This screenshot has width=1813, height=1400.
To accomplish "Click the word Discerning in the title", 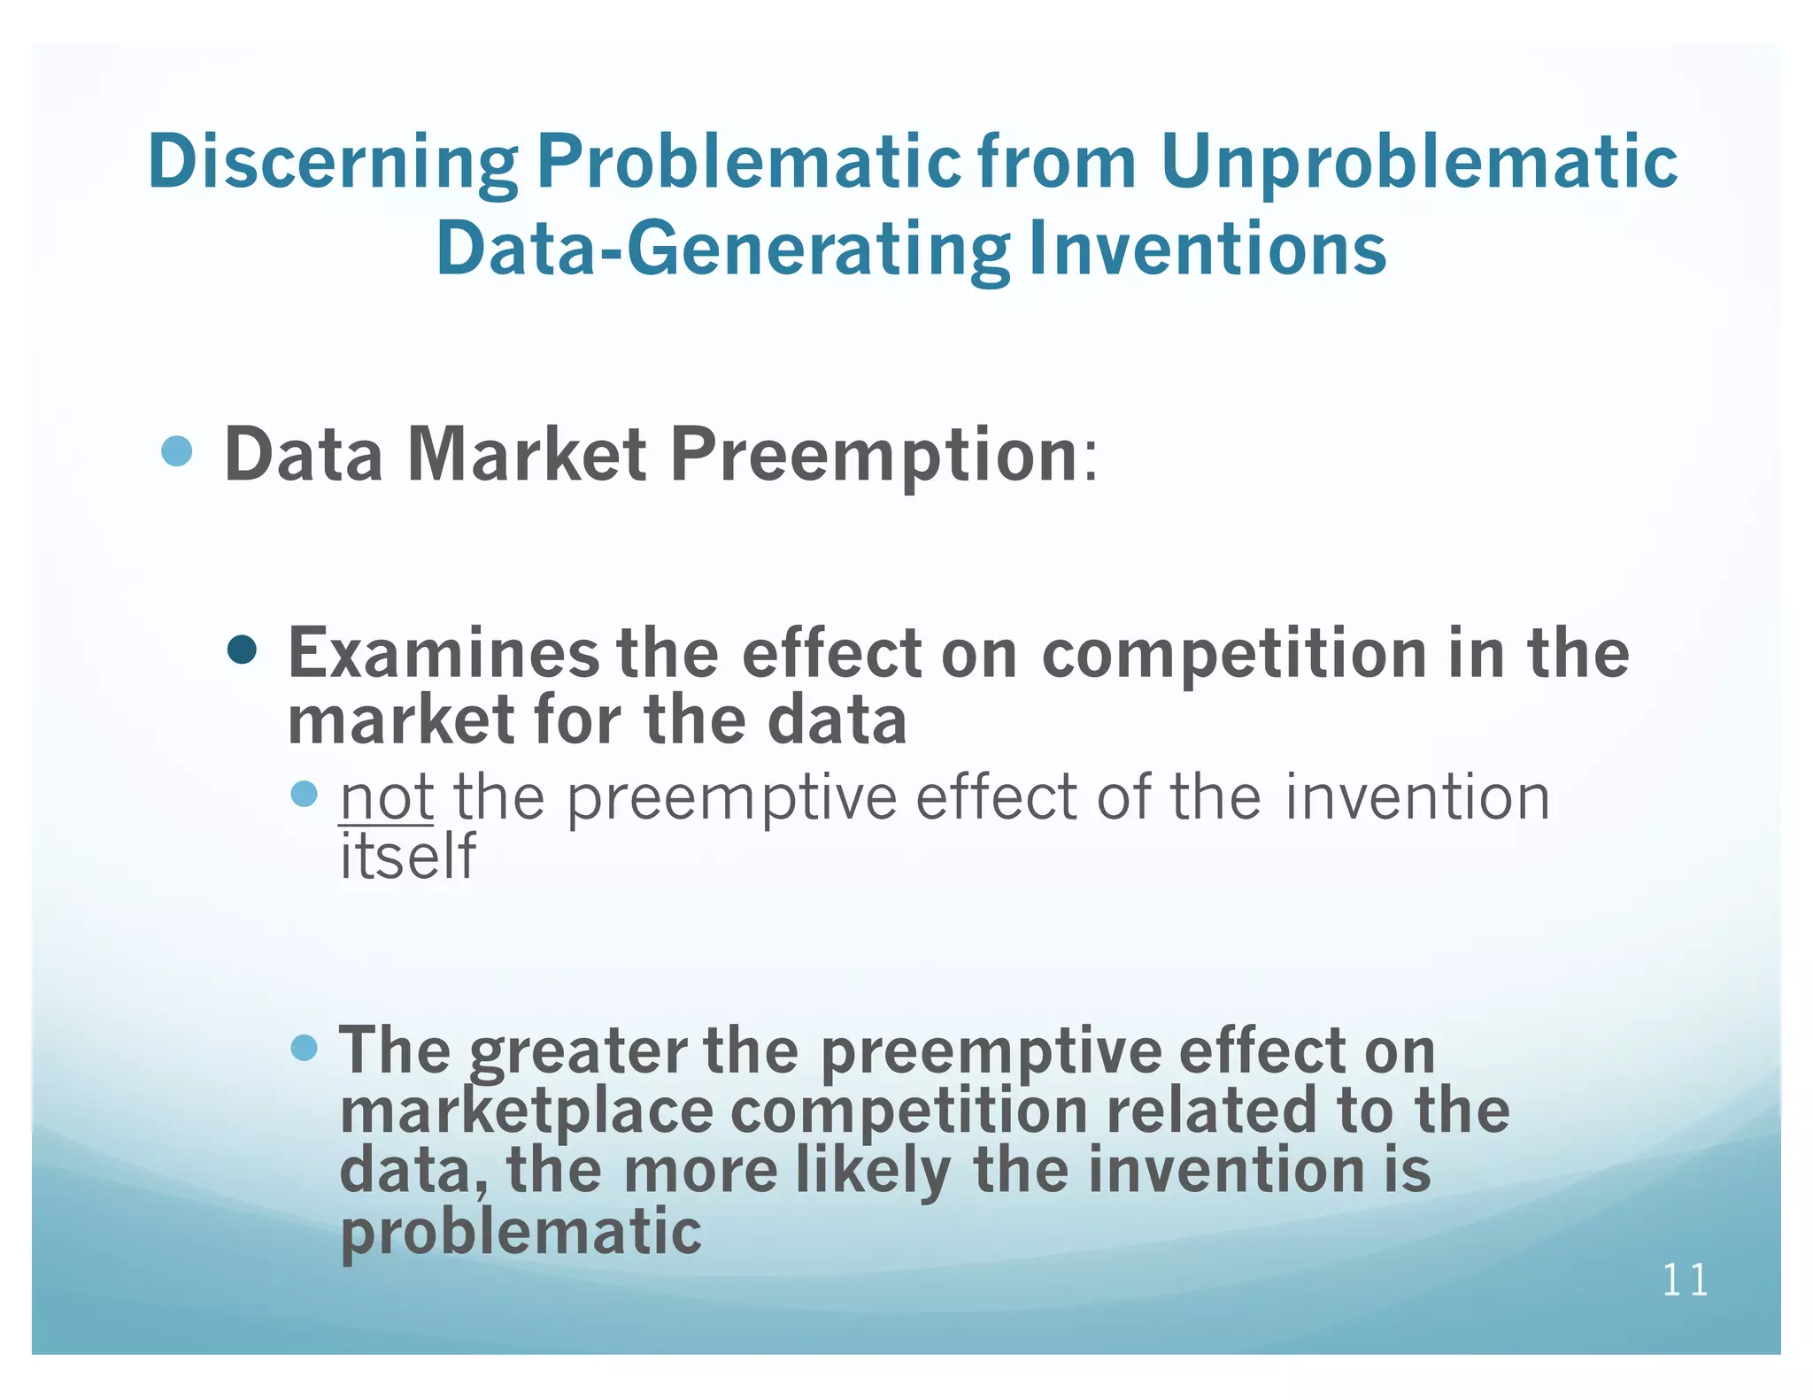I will pos(332,163).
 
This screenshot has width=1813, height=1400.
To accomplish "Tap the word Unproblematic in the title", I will pos(1418,163).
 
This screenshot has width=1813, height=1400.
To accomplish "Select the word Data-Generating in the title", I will pos(722,250).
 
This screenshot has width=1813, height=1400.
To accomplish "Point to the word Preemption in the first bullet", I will pos(874,455).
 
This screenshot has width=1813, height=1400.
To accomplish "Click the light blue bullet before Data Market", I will pos(178,452).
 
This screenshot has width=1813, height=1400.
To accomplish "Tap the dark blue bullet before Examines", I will pos(242,650).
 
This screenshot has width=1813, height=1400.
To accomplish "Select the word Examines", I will pos(444,653).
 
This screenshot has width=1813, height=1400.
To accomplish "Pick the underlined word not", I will pos(386,798).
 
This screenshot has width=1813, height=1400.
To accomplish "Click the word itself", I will pos(408,856).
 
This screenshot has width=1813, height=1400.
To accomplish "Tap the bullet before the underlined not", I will pos(304,794).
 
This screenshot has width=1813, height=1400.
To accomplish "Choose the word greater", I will pos(578,1051).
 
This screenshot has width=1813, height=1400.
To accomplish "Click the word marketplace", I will pos(527,1112).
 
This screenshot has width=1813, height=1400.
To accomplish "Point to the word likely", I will pos(873,1172).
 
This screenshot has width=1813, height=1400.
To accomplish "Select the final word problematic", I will pos(521,1232).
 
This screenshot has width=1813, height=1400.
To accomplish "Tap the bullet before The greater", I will pos(304,1049).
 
